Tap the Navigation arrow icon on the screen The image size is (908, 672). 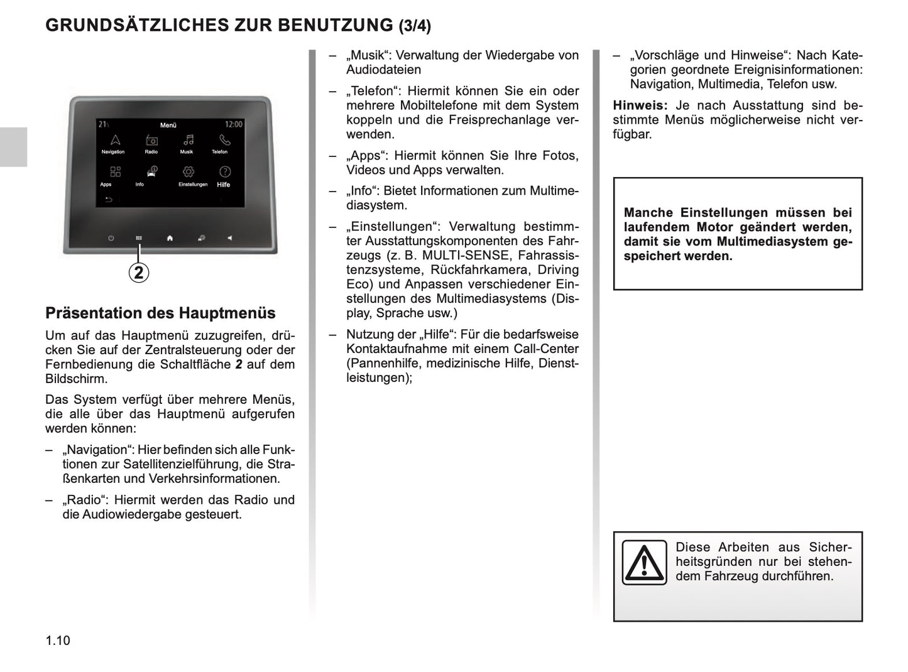115,140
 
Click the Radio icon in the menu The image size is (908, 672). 151,140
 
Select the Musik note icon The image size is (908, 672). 187,140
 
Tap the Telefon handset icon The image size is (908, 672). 224,140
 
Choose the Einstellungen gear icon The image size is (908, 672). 188,171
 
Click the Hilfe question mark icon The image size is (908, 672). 224,171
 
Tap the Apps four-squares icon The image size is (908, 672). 115,171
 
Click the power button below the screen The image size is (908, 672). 111,238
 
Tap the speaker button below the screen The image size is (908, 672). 230,238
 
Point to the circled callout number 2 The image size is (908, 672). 139,273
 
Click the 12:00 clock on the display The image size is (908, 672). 233,124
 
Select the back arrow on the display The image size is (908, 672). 108,200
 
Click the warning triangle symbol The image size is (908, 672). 643,562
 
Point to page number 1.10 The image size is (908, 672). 58,641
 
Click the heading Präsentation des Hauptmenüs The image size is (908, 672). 160,313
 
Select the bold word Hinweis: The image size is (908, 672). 640,106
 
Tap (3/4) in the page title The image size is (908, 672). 415,26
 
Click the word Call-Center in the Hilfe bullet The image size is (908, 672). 546,349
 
